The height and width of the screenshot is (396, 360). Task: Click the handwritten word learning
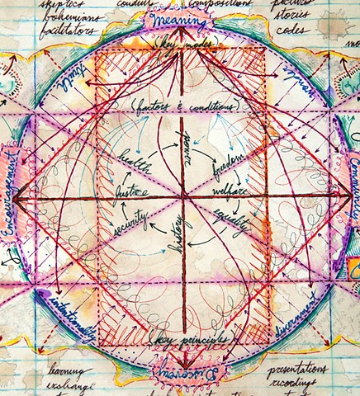point(46,369)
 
